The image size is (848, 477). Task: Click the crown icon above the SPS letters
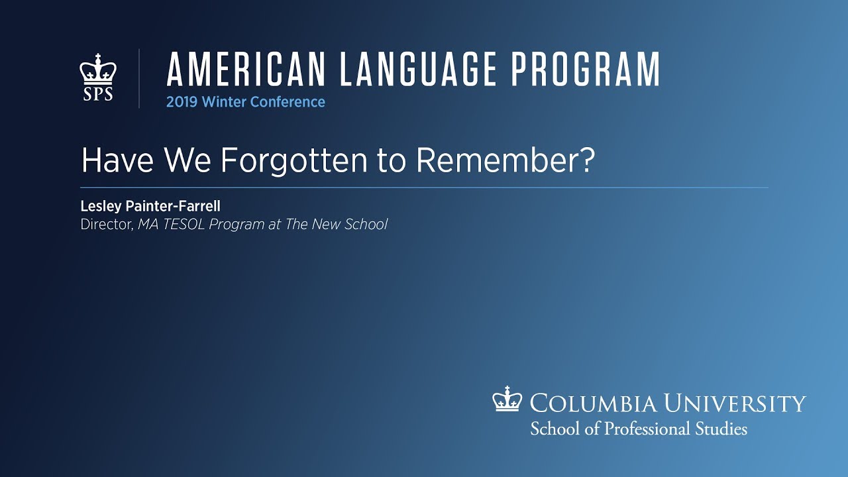[98, 69]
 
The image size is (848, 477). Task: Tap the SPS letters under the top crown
[98, 94]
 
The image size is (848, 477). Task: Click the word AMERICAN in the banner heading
[246, 70]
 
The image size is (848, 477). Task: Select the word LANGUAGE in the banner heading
[418, 70]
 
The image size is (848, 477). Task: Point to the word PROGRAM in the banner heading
[586, 70]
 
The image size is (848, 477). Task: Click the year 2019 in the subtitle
[182, 102]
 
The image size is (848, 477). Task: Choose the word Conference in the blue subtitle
[288, 102]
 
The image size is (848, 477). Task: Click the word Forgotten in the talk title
[293, 160]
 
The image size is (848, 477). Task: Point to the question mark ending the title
[587, 160]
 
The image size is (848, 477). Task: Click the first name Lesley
[101, 206]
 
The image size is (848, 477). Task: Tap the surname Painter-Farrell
[173, 206]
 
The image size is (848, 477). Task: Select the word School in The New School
[366, 224]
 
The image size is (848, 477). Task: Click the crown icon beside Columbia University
[507, 399]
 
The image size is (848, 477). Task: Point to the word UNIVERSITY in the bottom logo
[735, 403]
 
